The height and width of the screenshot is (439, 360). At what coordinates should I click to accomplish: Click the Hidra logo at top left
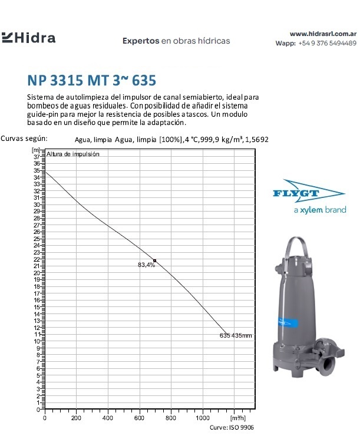(29, 38)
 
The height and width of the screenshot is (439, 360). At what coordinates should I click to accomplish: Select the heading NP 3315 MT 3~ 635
(92, 79)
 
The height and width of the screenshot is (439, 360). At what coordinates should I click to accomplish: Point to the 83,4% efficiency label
(146, 265)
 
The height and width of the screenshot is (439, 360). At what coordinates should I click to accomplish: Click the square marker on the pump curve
(154, 260)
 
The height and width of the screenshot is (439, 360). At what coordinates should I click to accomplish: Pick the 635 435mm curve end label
(235, 336)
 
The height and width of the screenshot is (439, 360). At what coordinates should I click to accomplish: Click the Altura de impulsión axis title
(74, 154)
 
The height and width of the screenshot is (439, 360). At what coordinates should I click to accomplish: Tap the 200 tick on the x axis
(77, 418)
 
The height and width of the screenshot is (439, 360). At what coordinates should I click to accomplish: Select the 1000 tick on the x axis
(203, 418)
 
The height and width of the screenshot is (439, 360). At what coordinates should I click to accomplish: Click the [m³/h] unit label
(238, 418)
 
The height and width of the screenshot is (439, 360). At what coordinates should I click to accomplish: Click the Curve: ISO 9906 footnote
(233, 428)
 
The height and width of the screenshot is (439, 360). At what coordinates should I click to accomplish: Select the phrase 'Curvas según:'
(24, 138)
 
